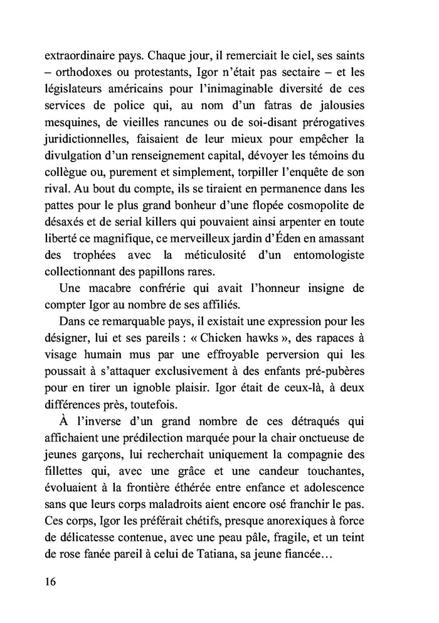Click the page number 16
[50, 581]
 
